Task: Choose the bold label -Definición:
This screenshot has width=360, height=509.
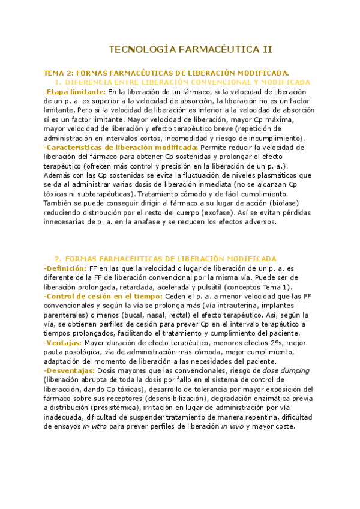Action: pos(65,268)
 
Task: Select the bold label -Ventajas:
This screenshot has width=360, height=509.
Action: pos(63,343)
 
